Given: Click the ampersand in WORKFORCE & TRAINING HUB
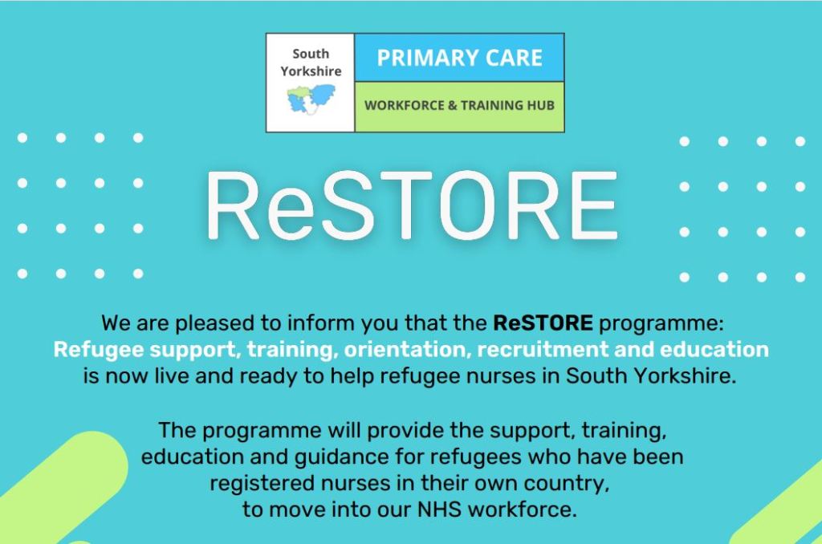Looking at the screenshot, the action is (x=453, y=105).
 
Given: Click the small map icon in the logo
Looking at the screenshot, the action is (x=311, y=99).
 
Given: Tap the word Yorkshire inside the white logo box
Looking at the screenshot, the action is (x=311, y=71).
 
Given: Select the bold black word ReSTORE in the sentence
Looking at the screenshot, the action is (x=543, y=323).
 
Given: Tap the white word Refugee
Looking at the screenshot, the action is (x=98, y=350).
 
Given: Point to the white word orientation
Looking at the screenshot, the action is (x=407, y=350).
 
